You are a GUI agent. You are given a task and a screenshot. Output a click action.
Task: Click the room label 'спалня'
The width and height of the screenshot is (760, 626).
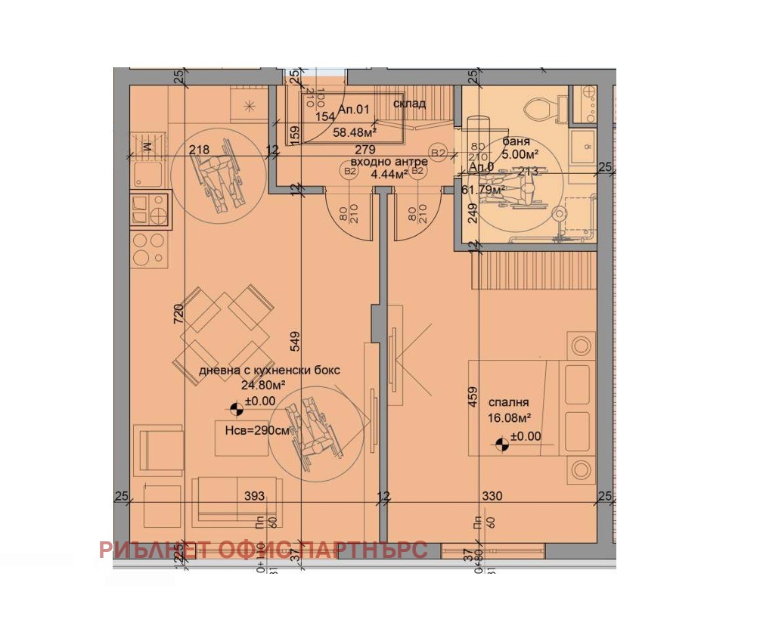click(508, 403)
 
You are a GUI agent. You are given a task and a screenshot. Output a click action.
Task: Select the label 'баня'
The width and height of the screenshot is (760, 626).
click(519, 141)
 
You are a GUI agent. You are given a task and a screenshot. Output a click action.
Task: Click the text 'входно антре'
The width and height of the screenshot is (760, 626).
click(389, 162)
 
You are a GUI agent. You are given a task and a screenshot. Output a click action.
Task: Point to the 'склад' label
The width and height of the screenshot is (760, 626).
click(409, 104)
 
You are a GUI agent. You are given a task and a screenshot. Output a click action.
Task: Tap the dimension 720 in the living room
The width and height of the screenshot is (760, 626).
click(178, 314)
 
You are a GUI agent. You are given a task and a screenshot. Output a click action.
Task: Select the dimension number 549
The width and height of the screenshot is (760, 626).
click(296, 342)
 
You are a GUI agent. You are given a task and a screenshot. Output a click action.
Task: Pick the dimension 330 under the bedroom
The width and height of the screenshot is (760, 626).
click(492, 496)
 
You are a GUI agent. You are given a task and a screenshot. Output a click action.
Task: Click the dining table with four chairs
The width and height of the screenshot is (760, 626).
click(224, 333)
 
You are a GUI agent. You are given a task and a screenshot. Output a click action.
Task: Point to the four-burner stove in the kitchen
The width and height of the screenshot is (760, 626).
click(148, 248)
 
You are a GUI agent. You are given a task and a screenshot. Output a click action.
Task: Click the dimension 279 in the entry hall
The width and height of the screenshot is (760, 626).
click(365, 150)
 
